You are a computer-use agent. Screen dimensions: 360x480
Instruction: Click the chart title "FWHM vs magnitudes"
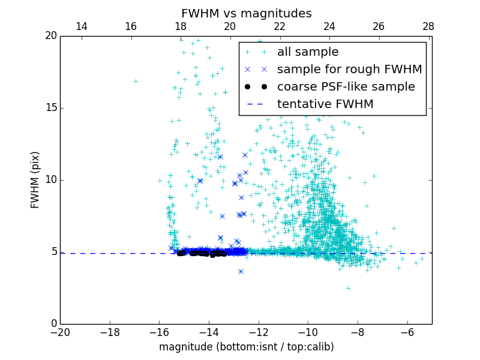tap(246, 13)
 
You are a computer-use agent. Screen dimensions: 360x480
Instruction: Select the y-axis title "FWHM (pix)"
tap(35, 179)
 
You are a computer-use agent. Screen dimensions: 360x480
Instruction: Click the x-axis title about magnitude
tap(246, 347)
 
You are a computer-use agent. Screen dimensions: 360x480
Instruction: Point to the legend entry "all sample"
tap(308, 52)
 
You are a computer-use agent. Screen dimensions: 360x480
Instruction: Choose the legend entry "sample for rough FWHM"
tap(349, 70)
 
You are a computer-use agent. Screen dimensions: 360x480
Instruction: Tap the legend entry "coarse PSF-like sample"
tap(346, 87)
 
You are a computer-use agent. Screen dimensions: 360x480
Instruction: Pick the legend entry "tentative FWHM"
tap(325, 104)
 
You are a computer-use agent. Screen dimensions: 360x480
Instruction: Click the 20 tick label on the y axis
tap(50, 36)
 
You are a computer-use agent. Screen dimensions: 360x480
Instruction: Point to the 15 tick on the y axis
tap(50, 108)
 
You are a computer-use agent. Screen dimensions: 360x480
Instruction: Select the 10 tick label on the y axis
tap(50, 180)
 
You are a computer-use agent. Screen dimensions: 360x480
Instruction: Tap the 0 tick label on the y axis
tap(53, 324)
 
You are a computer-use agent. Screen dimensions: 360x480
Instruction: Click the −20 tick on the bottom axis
tap(60, 332)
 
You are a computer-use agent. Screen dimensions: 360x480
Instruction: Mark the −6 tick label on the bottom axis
tap(407, 332)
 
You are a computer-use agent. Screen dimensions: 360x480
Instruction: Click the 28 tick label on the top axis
tap(428, 26)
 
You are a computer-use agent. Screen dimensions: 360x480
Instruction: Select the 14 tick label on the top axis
tap(81, 26)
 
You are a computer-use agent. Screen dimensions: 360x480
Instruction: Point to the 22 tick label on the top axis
tap(280, 26)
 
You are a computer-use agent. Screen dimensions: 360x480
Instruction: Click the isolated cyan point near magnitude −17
tap(136, 81)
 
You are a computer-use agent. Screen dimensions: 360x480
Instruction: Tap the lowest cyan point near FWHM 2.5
tap(348, 288)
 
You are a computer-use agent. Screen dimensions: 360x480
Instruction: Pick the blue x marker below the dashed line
tap(241, 271)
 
